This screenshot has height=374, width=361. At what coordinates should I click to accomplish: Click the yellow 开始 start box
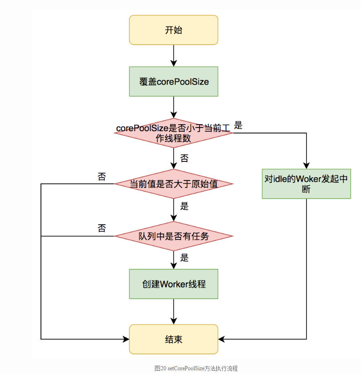(173, 30)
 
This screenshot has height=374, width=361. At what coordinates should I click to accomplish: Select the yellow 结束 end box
(173, 339)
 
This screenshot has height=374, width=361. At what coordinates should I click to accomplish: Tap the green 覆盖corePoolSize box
(173, 82)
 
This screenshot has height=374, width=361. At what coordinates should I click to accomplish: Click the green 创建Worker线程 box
(173, 284)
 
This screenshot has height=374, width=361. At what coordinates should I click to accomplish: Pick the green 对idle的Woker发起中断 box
(306, 184)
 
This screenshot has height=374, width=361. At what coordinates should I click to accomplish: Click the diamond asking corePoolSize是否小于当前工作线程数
(173, 133)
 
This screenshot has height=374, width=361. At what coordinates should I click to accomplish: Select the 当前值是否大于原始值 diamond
(173, 184)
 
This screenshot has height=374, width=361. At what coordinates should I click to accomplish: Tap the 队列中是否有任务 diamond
(173, 236)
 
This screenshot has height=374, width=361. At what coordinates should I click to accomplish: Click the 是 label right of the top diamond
(238, 125)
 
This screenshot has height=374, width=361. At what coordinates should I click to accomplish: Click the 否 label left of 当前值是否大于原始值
(101, 176)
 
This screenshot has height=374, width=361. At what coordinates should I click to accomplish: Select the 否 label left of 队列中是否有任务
(101, 228)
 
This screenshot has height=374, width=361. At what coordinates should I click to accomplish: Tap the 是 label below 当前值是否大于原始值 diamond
(184, 206)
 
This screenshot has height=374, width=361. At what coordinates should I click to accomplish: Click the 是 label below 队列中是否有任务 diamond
(184, 258)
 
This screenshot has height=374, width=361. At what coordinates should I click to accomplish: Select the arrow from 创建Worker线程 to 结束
(173, 312)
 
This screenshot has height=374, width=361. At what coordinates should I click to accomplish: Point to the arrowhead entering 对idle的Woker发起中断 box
(306, 165)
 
